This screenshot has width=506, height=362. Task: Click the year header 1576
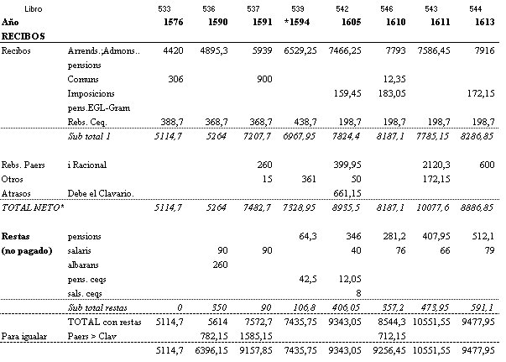click(174, 22)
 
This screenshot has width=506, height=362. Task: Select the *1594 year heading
click(297, 22)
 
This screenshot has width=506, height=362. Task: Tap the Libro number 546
click(386, 8)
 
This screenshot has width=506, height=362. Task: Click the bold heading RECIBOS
click(23, 36)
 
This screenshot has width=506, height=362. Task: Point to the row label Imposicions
click(91, 93)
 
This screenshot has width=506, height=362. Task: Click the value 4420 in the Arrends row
click(173, 50)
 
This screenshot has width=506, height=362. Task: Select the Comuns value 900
click(264, 79)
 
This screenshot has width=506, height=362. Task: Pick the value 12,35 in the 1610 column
click(394, 80)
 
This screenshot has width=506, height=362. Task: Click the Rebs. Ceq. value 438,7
click(305, 122)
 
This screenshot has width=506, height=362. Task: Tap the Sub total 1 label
click(89, 136)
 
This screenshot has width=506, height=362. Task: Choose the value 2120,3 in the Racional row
click(436, 165)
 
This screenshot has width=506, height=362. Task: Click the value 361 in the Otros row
click(309, 179)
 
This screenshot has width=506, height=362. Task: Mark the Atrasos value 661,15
click(347, 193)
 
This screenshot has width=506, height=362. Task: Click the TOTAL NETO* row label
click(33, 207)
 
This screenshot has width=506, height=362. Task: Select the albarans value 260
click(220, 265)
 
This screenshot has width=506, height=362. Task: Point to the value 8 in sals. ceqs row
click(358, 293)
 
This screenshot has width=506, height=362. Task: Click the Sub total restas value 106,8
click(305, 307)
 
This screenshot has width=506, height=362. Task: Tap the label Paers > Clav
click(91, 336)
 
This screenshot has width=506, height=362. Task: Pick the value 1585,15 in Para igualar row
click(256, 337)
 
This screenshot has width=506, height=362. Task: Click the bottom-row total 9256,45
click(389, 351)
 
